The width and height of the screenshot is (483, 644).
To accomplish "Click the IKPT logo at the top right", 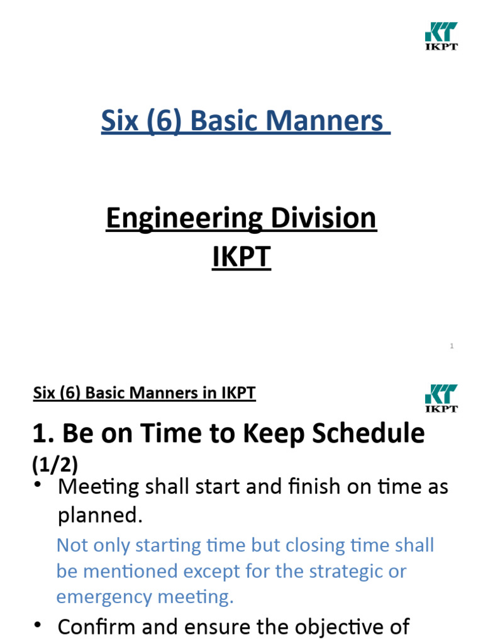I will [441, 36].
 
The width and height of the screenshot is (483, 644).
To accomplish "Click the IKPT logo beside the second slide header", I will [441, 399].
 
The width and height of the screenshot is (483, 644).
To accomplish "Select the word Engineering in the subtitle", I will [175, 219].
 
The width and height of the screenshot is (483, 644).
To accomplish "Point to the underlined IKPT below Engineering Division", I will [241, 258].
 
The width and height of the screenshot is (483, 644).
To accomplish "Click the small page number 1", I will [452, 346].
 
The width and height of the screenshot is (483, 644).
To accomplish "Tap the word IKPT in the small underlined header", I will [238, 394].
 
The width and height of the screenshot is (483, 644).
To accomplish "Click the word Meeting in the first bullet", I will [97, 487].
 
